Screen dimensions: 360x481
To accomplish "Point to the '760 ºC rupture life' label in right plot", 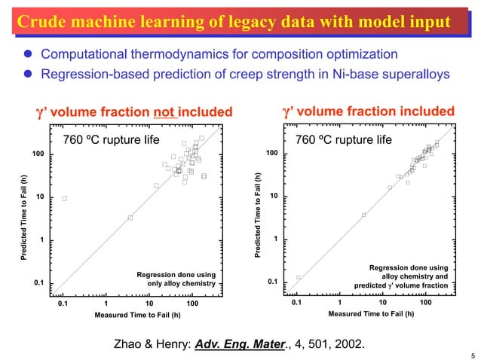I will coord(344,139).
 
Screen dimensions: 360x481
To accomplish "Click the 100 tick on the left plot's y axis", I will coord(36,154).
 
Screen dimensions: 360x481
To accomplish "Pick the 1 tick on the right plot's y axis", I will coord(277,239).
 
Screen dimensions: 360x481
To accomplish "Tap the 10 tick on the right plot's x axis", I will coord(382,303).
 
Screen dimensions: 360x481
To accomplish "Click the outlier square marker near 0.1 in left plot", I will coord(65,198).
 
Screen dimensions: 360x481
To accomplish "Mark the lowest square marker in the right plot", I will coord(299,277).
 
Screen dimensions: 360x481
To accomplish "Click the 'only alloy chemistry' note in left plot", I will coord(181,284).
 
